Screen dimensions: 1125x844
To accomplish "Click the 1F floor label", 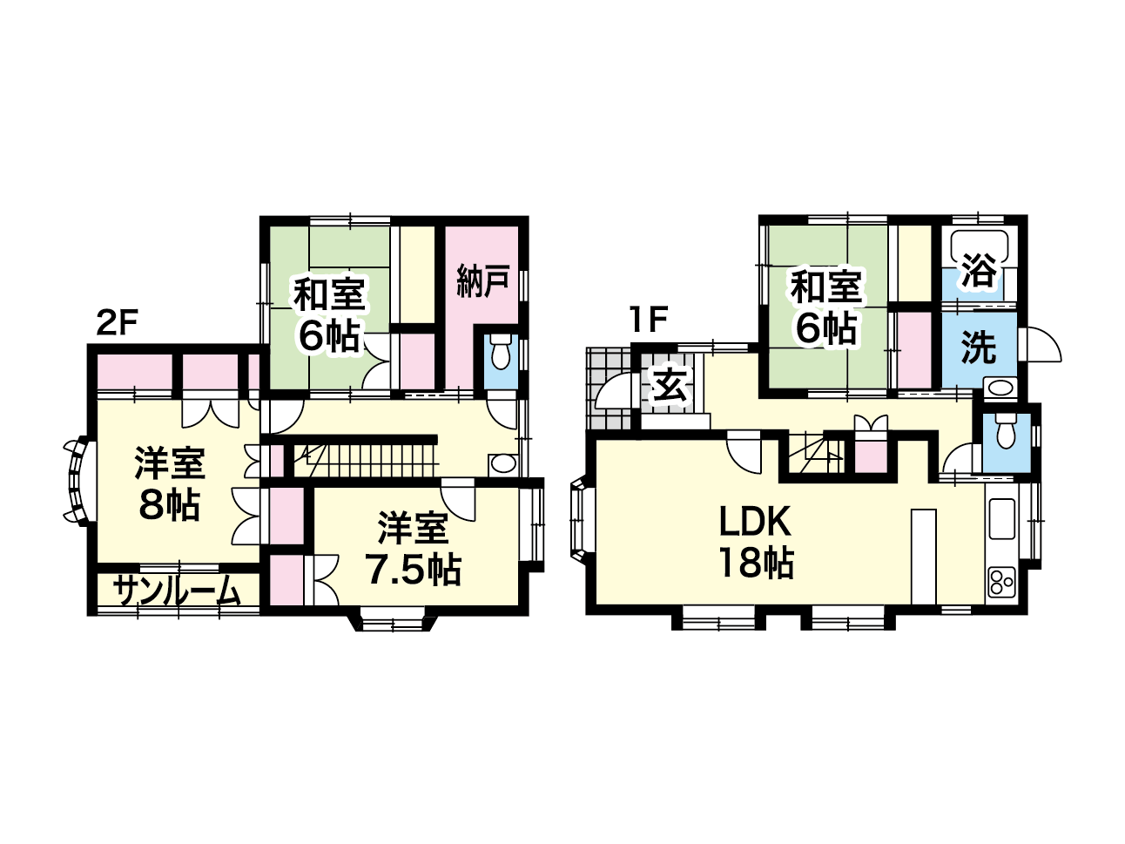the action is [x=649, y=320].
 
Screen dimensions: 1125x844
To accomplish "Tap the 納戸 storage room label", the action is [x=482, y=280].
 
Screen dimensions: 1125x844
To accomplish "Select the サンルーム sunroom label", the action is [x=177, y=592].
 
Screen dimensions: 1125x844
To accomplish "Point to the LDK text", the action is [x=756, y=522].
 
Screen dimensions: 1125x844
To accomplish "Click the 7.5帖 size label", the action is [x=413, y=570].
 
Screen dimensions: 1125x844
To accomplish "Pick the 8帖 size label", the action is [x=170, y=505].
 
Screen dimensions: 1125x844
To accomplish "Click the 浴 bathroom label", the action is [x=979, y=270].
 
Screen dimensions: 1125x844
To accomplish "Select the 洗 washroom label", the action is [x=979, y=347].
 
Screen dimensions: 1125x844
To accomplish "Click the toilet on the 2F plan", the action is [x=500, y=352].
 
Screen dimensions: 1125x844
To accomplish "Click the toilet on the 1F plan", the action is [x=1006, y=431].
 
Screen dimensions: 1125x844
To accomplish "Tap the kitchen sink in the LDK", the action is [x=1001, y=518].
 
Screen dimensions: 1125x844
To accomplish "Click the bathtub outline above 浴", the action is [x=980, y=248].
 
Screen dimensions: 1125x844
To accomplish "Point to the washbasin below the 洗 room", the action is [x=1000, y=388].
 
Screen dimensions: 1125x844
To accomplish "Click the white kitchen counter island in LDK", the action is [x=924, y=557].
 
